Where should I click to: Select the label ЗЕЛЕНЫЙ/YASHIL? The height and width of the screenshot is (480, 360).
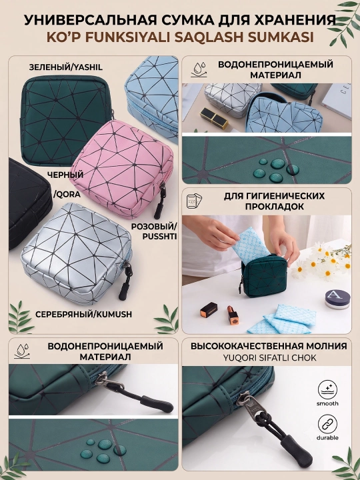[66, 67]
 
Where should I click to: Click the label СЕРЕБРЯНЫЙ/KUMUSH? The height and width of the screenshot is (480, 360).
[83, 315]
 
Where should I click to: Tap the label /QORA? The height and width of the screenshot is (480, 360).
[67, 195]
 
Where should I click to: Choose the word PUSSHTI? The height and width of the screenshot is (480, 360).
[159, 237]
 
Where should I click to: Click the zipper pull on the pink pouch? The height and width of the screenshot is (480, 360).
[161, 201]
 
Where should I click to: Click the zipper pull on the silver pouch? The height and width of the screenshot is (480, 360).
[125, 281]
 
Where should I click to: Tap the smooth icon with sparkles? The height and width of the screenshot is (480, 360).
[327, 390]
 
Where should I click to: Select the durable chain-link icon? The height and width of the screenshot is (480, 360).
[327, 424]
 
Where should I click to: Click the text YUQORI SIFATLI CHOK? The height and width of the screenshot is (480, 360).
[269, 357]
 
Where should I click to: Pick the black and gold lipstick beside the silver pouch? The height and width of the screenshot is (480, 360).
[214, 117]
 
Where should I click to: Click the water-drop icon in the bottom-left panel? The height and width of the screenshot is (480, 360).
[22, 351]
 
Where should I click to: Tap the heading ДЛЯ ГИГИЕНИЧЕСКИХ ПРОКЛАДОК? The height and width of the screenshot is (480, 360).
[274, 201]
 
